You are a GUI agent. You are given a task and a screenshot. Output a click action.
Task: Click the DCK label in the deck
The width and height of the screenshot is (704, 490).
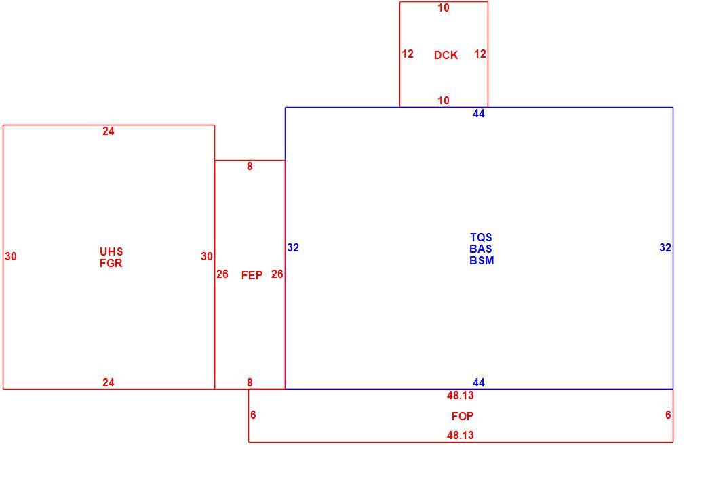446,55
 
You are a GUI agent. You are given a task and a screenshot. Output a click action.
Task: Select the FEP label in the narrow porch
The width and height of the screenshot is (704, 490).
252,276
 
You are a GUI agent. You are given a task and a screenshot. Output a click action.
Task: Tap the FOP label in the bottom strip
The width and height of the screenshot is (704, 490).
463,416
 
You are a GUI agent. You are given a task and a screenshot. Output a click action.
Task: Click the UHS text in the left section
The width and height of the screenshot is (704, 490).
111,251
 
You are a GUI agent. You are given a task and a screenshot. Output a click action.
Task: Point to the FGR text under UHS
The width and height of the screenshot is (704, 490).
111,263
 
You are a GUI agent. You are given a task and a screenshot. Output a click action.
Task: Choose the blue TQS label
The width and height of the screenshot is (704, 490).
481,237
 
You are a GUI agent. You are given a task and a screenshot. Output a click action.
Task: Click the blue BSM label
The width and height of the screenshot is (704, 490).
482,260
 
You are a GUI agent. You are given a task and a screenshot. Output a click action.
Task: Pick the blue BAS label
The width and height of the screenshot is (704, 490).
481,249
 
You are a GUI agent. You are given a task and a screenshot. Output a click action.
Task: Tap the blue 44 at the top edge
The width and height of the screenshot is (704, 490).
479,114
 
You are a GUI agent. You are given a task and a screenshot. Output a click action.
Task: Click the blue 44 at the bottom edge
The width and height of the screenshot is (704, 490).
479,382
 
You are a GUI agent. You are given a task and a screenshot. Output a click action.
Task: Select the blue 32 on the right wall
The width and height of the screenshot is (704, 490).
665,247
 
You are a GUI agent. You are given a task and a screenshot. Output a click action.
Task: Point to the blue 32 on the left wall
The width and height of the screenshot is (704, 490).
293,247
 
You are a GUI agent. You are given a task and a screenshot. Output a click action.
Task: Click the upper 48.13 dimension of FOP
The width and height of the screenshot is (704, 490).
461,395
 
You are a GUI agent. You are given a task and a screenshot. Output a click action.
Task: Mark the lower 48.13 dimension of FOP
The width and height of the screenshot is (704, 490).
461,435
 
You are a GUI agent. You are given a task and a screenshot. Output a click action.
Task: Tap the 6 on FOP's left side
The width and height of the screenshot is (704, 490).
253,415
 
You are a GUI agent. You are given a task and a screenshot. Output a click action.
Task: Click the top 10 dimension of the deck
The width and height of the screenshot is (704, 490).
444,8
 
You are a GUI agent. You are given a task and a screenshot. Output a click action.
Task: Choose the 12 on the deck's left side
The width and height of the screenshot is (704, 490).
408,54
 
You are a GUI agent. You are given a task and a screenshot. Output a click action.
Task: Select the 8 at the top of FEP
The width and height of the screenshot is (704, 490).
250,167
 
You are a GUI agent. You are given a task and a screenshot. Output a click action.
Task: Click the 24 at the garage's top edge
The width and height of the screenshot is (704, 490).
109,131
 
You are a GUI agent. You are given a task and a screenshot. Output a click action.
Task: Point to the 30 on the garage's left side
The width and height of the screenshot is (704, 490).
11,256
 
